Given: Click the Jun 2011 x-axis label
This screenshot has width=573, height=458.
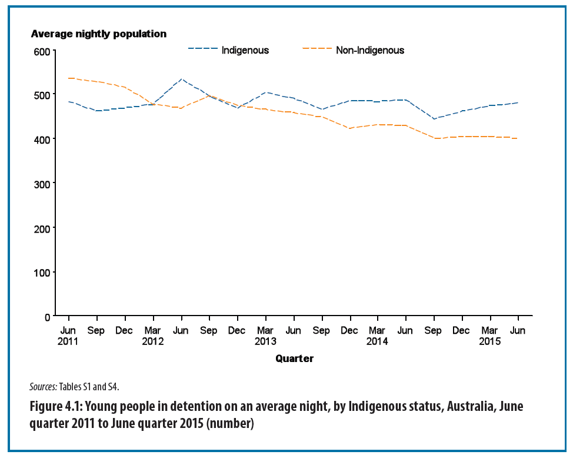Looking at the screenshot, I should coord(68,336).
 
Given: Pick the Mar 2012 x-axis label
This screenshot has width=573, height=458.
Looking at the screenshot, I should coord(153,336).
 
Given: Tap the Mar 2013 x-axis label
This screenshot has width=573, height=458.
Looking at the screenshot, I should coord(265,336).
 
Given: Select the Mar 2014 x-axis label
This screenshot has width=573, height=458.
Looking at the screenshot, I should coord(377,336).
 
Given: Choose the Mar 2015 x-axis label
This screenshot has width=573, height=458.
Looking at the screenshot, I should coord(489,336).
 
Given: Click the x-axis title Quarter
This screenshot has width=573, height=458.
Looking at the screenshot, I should coord(294,359).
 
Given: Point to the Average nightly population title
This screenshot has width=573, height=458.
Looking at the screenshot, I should coord(98,34).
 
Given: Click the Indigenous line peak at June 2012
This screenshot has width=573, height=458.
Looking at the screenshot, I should coord(181,79).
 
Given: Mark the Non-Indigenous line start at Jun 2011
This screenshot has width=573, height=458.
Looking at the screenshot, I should coord(69,78).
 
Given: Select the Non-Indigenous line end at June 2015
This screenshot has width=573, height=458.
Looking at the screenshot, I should coord(517,138).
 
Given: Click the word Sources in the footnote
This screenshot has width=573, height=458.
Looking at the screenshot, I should coord(42,387).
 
